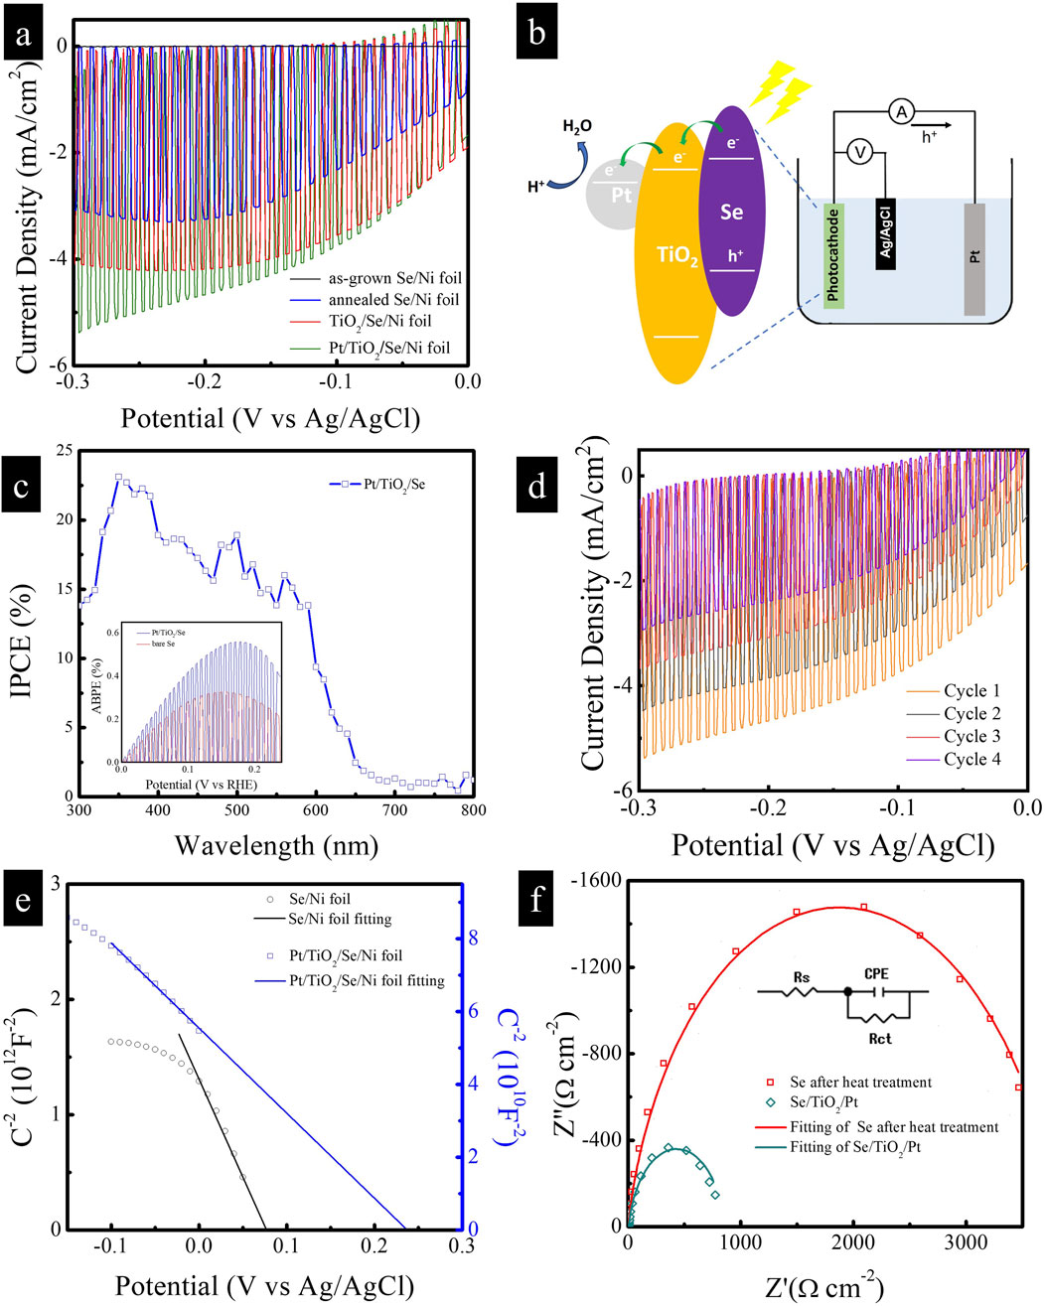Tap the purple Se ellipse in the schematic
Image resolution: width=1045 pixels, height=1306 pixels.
click(731, 212)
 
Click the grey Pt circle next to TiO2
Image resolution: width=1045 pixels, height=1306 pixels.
click(620, 195)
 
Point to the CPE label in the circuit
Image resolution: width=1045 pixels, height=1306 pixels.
click(875, 974)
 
